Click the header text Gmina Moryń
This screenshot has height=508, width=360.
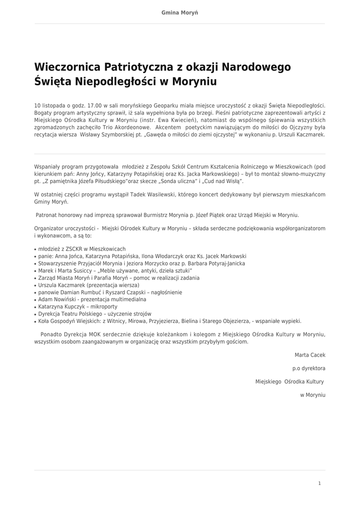pyautogui.click(x=180, y=12)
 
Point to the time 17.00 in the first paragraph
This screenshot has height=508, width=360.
pyautogui.click(x=94, y=106)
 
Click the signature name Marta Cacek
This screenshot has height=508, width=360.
pyautogui.click(x=310, y=355)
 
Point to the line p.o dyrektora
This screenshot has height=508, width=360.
pyautogui.click(x=309, y=369)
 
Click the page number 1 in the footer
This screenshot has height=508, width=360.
pyautogui.click(x=319, y=483)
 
